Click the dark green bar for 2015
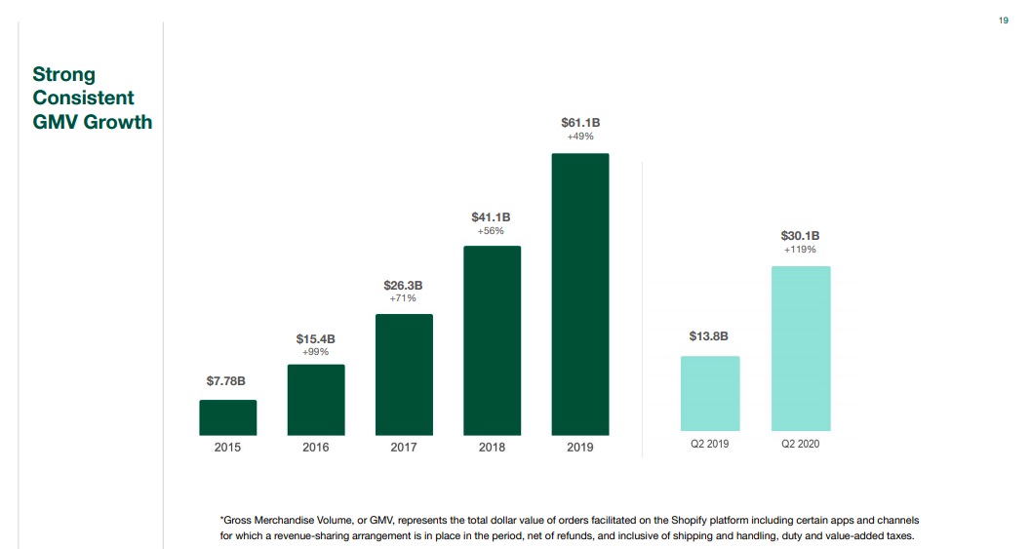tap(227, 417)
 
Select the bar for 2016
tap(315, 400)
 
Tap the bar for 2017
tap(404, 374)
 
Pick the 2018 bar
tap(492, 340)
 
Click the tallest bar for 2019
tap(579, 294)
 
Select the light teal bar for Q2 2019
tap(709, 394)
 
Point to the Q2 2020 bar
tap(800, 348)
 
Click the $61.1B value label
tap(579, 123)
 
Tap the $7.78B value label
tap(225, 379)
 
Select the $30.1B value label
tap(800, 236)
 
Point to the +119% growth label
tap(800, 251)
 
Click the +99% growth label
tap(315, 352)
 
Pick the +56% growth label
tap(491, 231)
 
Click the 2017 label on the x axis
tap(404, 448)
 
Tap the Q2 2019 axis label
tap(709, 445)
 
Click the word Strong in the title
tap(63, 74)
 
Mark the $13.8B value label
tap(708, 336)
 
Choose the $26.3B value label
tap(403, 285)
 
